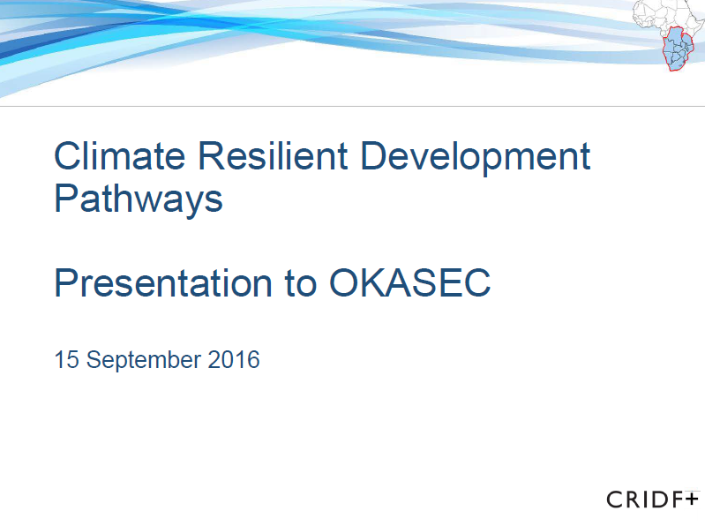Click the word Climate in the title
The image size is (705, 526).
[120, 157]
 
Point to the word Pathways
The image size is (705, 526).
[139, 199]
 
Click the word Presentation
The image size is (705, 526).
[163, 283]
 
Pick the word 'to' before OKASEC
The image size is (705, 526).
[300, 283]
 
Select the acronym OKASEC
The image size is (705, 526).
[409, 283]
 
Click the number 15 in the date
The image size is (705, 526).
[66, 360]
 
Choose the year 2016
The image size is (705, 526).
[235, 360]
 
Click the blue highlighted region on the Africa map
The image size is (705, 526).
[679, 49]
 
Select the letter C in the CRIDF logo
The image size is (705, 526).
[615, 500]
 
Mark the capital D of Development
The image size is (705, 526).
[373, 157]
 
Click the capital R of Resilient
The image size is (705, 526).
[212, 157]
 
